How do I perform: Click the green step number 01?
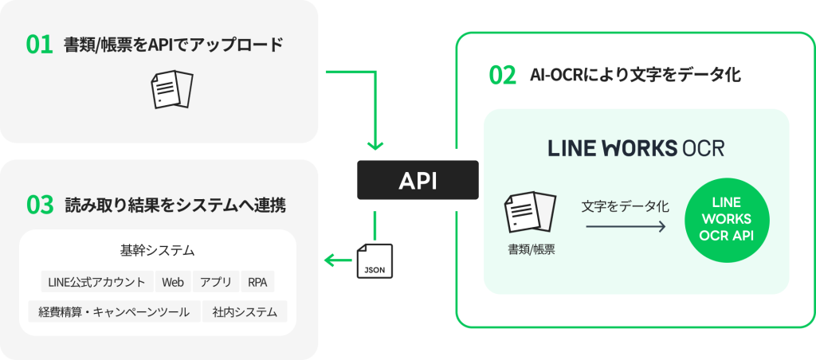39,45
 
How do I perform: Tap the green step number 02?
502,75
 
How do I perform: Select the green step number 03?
40,205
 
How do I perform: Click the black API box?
418,180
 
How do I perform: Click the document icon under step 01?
172,88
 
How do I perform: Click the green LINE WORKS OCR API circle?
726,221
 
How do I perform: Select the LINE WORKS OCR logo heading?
636,148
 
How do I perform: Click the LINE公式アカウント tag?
96,282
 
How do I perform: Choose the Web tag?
173,282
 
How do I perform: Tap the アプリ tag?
216,282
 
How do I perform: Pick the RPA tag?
257,282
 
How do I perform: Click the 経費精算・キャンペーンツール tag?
114,311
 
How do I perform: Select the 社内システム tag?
245,311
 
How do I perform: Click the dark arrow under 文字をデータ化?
626,227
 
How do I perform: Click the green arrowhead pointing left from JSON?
328,260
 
